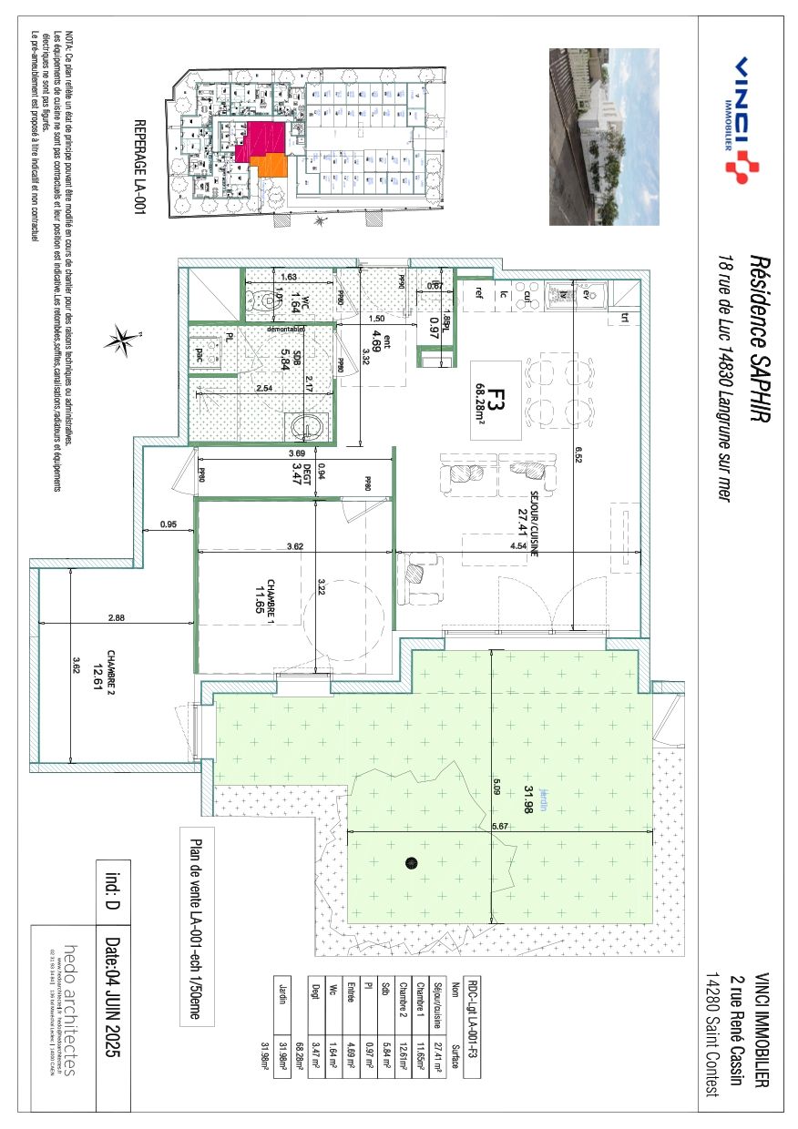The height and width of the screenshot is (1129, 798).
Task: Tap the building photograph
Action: [603, 137]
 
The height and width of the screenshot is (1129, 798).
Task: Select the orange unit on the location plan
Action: [271, 167]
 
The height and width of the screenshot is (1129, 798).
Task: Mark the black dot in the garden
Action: [411, 861]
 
